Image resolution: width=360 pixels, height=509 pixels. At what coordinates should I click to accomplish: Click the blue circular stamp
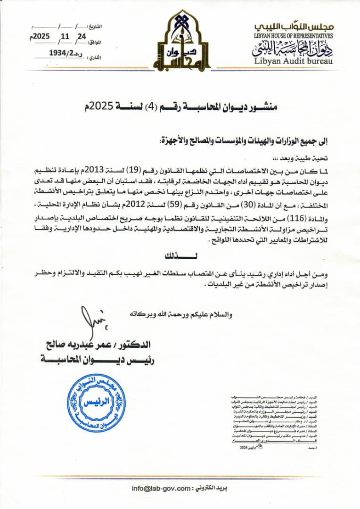coord(96,404)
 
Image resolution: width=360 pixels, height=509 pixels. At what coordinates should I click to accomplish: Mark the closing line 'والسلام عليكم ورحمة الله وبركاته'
coord(185,314)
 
